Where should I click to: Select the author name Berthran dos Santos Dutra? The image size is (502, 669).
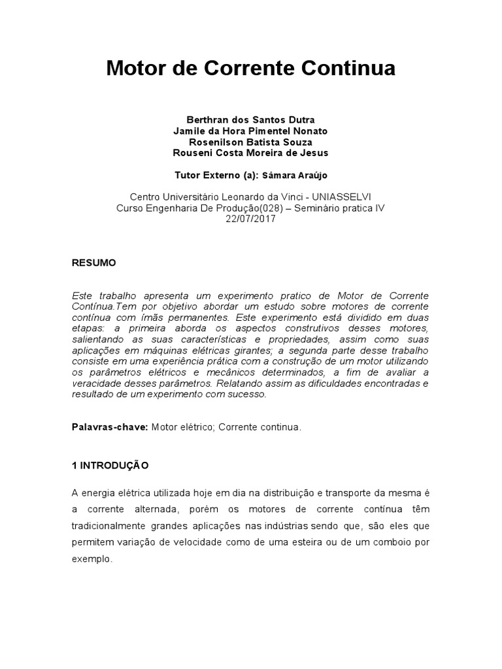click(250, 120)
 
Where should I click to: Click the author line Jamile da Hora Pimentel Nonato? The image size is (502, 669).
click(250, 131)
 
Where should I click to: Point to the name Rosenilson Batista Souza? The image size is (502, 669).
click(250, 142)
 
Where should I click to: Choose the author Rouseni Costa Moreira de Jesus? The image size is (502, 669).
click(250, 153)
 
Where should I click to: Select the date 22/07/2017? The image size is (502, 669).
click(250, 219)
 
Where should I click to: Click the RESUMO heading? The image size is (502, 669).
click(93, 263)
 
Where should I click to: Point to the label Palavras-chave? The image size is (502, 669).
click(110, 427)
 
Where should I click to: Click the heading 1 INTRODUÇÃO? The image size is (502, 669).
click(110, 466)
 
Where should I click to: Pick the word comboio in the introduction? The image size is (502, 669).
click(397, 543)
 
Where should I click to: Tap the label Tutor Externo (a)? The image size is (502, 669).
click(216, 176)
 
